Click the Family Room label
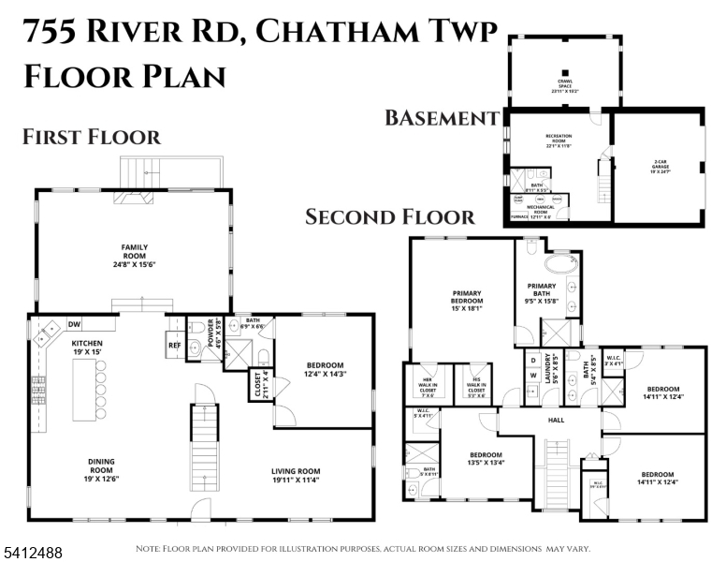(x=135, y=252)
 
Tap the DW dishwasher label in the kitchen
(x=74, y=325)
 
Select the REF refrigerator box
(x=174, y=344)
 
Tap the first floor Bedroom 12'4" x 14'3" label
(x=327, y=370)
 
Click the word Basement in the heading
(x=441, y=118)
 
